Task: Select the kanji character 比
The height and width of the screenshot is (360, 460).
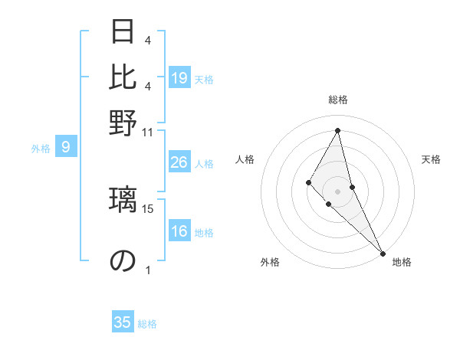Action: [123, 77]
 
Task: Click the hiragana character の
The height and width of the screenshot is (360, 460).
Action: [123, 260]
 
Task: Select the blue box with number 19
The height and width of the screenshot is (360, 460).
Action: [179, 78]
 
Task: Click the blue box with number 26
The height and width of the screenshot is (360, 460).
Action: [179, 162]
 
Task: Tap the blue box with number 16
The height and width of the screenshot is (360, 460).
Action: [179, 232]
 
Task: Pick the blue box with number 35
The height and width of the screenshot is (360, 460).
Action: [123, 322]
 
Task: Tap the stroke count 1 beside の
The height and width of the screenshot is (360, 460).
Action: [148, 270]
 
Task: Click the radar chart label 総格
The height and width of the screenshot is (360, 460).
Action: [338, 100]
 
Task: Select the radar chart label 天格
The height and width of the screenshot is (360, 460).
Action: [431, 159]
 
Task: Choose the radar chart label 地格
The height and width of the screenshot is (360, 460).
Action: [402, 262]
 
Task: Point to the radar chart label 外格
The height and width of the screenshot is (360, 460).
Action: [270, 262]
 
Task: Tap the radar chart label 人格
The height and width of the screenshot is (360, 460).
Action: [245, 159]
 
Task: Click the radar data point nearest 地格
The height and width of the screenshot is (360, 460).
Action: [383, 252]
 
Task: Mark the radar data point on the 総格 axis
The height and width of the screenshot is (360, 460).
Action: [338, 129]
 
